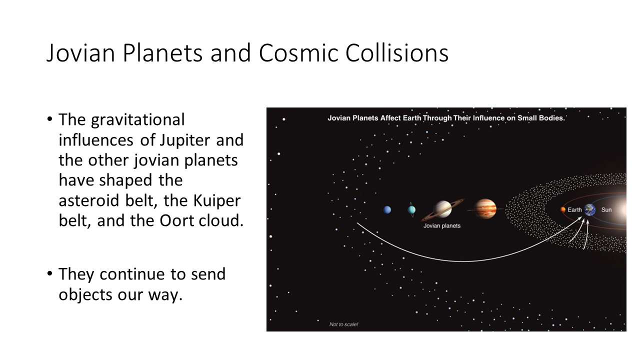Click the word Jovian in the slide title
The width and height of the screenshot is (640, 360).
coord(81,53)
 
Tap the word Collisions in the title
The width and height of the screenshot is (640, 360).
coord(397,52)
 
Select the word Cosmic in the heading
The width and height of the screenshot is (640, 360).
coord(298,53)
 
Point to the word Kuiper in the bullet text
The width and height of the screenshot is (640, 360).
coord(217,200)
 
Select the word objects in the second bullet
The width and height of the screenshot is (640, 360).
coord(85,295)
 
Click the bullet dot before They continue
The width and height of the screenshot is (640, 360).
coord(49,273)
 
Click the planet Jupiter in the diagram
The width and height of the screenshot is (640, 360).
coord(485,209)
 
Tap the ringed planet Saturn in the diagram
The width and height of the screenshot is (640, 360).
coord(442,209)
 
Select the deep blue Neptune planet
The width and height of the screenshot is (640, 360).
coord(387,210)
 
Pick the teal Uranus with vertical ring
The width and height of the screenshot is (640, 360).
coord(411,209)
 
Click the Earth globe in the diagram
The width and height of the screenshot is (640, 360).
coord(589,209)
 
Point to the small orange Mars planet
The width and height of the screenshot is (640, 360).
coord(563,209)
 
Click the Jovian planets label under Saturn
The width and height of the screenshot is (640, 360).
coord(442,226)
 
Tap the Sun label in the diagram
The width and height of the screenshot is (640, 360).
coord(606,210)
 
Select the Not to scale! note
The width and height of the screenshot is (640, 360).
coord(343,324)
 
